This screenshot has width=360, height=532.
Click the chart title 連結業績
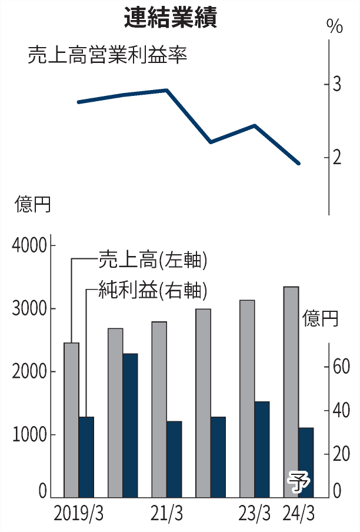pyautogui.click(x=170, y=18)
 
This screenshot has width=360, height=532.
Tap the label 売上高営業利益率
pyautogui.click(x=107, y=56)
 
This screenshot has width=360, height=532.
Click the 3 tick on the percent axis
pyautogui.click(x=337, y=85)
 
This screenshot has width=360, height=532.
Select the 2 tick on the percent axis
pyautogui.click(x=337, y=158)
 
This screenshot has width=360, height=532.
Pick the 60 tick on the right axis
pyautogui.click(x=342, y=367)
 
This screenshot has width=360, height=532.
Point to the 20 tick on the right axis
pyautogui.click(x=342, y=454)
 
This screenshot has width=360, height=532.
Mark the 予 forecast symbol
pyautogui.click(x=298, y=483)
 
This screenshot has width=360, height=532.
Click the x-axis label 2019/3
pyautogui.click(x=78, y=514)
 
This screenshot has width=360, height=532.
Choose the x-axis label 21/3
pyautogui.click(x=166, y=514)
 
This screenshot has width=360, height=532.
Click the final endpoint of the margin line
pyautogui.click(x=299, y=163)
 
